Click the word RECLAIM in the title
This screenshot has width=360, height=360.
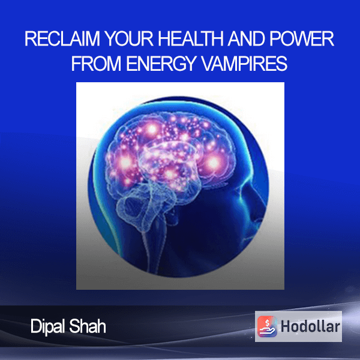coord(62,38)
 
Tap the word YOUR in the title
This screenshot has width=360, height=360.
coord(129,38)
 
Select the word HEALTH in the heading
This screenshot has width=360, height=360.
coord(190,38)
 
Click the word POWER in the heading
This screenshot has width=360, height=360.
coord(302,38)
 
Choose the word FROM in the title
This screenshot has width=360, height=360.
coord(96,64)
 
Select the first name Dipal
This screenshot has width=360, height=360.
coord(48,327)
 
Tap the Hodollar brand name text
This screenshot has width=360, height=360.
coord(310,326)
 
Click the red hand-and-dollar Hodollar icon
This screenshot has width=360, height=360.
coord(267,326)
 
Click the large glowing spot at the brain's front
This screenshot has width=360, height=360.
coord(213,163)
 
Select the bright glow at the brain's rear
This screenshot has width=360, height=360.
coord(125,163)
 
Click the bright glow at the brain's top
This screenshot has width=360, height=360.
coord(151,130)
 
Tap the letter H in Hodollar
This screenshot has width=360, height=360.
coord(286,326)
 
